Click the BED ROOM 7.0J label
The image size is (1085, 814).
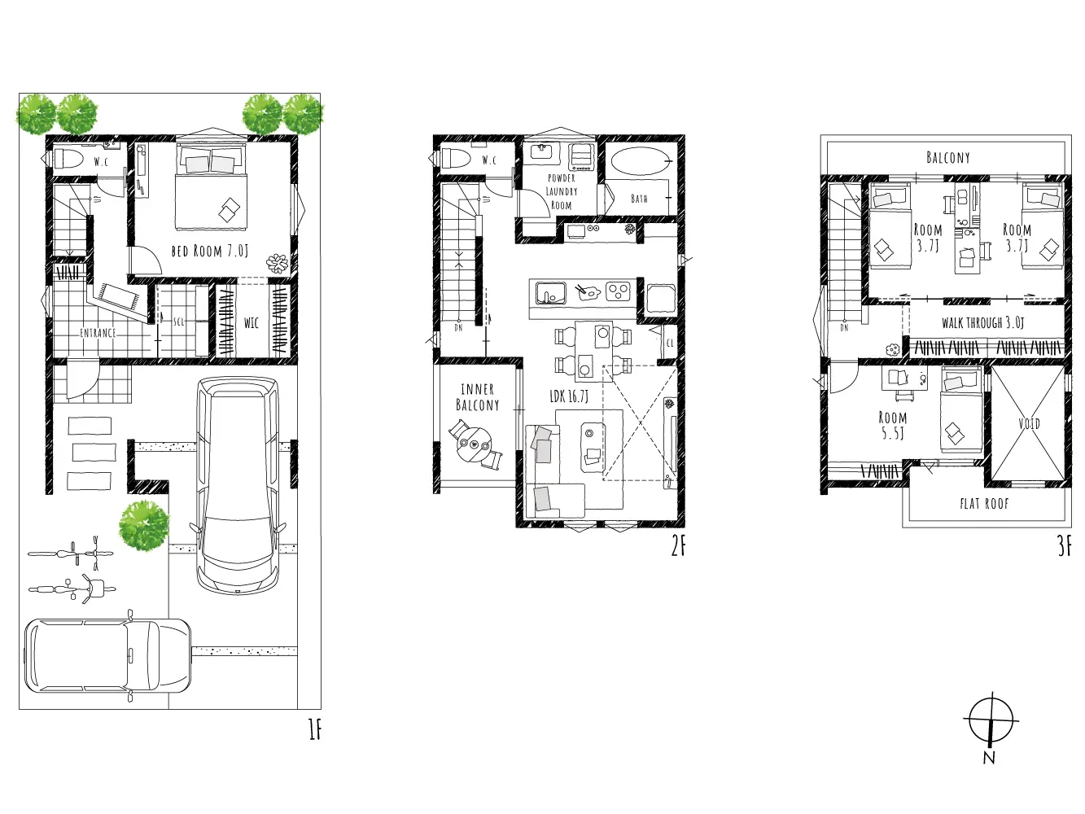(209, 251)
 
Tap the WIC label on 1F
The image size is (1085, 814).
(252, 323)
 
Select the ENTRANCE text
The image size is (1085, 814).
(98, 333)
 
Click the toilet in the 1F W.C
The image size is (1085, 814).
(69, 160)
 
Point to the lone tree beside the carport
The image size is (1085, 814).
(144, 525)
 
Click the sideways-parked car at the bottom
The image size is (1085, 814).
(107, 655)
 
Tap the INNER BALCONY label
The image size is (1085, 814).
(478, 397)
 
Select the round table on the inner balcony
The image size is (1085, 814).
(474, 444)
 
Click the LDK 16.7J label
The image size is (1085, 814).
(569, 396)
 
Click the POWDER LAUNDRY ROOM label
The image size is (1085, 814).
(562, 191)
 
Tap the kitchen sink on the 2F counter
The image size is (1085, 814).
(551, 294)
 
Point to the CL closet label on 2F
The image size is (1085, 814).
(670, 343)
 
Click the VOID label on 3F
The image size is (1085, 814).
(1029, 423)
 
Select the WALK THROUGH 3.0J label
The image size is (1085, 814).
(982, 322)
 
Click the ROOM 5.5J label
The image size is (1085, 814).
(892, 425)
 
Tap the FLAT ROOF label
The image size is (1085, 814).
(984, 504)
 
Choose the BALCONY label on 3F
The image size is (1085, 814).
(947, 157)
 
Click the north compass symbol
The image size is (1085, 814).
(991, 721)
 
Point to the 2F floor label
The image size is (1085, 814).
(678, 547)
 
